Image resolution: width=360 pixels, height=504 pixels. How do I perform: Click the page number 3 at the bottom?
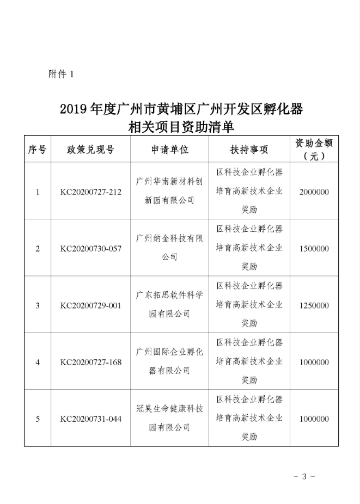[304, 476]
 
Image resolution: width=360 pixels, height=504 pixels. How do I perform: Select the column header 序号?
[37, 150]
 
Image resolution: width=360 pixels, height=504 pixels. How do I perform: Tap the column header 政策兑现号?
[90, 150]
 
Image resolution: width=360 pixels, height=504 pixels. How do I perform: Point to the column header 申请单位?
[169, 150]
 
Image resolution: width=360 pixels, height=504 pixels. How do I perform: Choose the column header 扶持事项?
[249, 150]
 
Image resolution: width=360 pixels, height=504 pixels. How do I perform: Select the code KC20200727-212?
[90, 192]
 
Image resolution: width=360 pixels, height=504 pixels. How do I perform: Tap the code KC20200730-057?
[90, 248]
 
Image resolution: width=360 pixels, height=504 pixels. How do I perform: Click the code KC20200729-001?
[90, 305]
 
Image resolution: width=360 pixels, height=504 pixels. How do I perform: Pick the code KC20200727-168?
[90, 362]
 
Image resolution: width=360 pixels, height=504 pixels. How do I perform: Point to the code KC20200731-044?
[90, 419]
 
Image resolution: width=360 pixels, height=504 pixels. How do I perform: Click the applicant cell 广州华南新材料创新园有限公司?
[169, 192]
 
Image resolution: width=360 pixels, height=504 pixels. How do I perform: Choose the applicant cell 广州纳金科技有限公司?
[169, 248]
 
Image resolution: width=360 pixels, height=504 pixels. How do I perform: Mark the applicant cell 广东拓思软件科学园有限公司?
[169, 305]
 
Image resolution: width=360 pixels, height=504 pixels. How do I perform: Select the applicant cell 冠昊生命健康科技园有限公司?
[169, 419]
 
